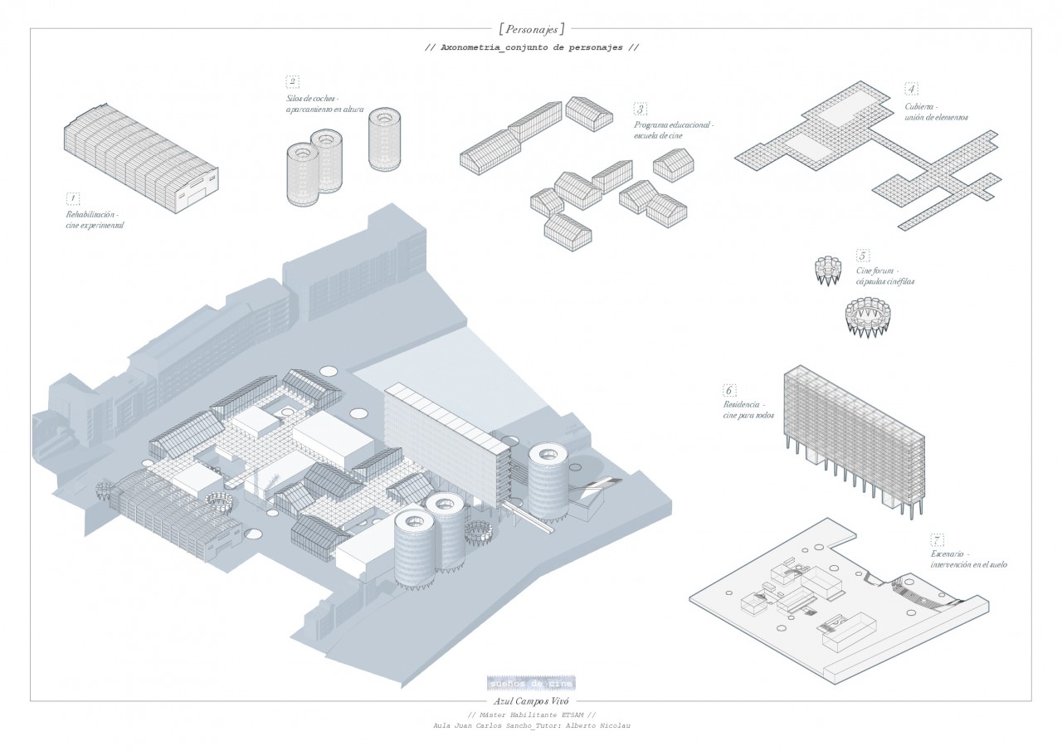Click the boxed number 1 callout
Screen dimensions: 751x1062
pyautogui.click(x=73, y=198)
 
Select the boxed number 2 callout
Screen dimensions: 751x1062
pyautogui.click(x=292, y=81)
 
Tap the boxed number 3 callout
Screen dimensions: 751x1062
pyautogui.click(x=640, y=109)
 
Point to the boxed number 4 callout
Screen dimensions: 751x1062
pyautogui.click(x=911, y=89)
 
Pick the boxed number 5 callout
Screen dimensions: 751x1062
pyautogui.click(x=863, y=256)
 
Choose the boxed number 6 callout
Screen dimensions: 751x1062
pyautogui.click(x=729, y=390)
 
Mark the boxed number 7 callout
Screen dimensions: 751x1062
pyautogui.click(x=938, y=539)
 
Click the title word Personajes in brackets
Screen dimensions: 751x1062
pyautogui.click(x=531, y=27)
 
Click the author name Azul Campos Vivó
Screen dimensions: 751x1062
pyautogui.click(x=531, y=701)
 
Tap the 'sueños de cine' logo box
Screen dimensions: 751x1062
pyautogui.click(x=531, y=683)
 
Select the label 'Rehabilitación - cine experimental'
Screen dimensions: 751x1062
pyautogui.click(x=96, y=220)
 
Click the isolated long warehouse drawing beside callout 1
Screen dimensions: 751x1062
pyautogui.click(x=141, y=162)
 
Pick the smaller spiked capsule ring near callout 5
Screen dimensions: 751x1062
pyautogui.click(x=827, y=271)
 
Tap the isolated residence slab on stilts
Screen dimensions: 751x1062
pyautogui.click(x=855, y=440)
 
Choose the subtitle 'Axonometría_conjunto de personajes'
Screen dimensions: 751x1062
pyautogui.click(x=531, y=47)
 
